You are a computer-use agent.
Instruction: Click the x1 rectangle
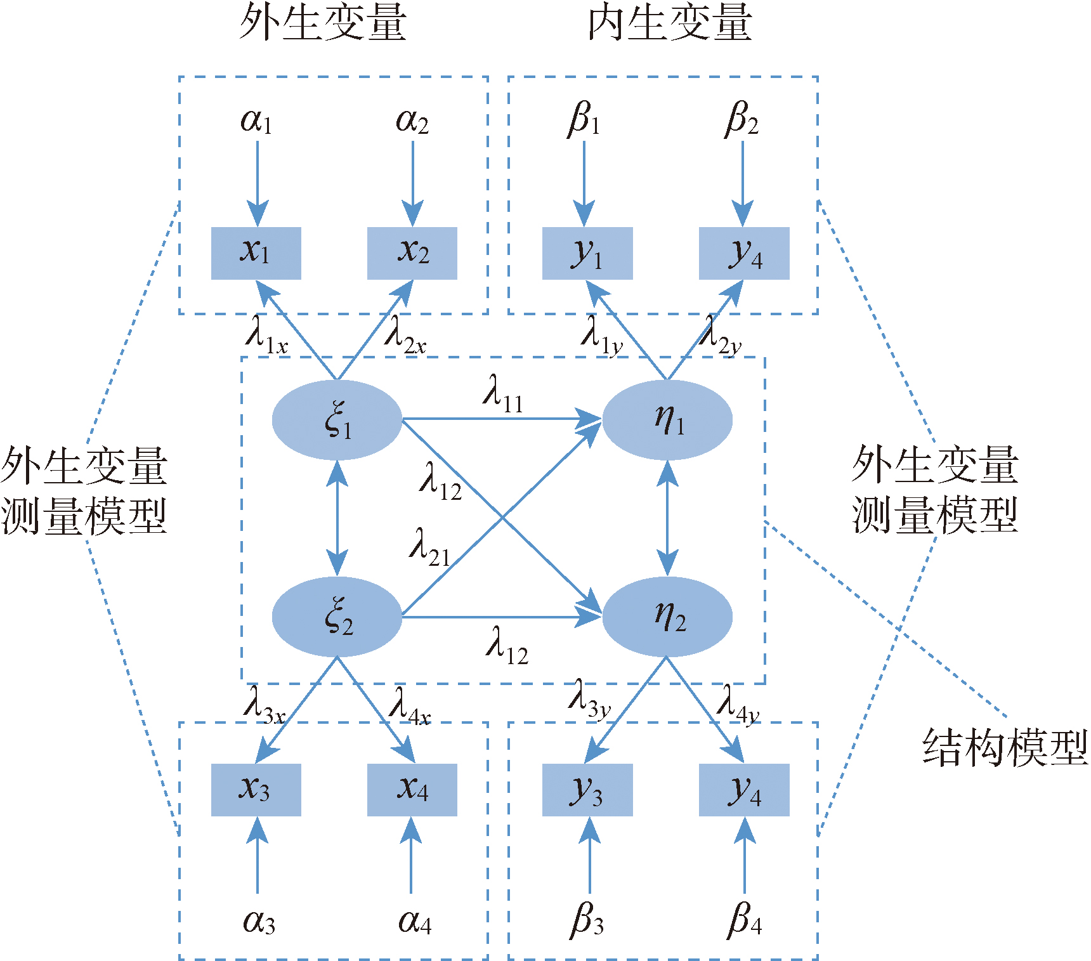(x=256, y=253)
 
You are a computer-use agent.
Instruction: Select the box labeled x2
(x=412, y=253)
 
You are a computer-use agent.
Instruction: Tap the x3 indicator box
(x=256, y=790)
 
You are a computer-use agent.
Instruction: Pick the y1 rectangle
(x=587, y=253)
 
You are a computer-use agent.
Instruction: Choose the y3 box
(x=587, y=790)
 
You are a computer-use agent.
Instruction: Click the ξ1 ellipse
(x=337, y=420)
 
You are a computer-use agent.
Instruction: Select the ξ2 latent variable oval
(x=337, y=617)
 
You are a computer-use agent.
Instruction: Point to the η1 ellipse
(x=667, y=420)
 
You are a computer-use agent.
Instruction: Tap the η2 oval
(x=667, y=617)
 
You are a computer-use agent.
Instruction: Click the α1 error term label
(x=257, y=121)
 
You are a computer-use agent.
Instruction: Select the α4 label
(x=415, y=922)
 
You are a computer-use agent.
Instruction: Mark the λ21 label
(x=429, y=547)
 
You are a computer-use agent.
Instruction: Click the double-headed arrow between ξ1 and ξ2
(x=337, y=518)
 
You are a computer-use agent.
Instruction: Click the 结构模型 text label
(x=1005, y=747)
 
